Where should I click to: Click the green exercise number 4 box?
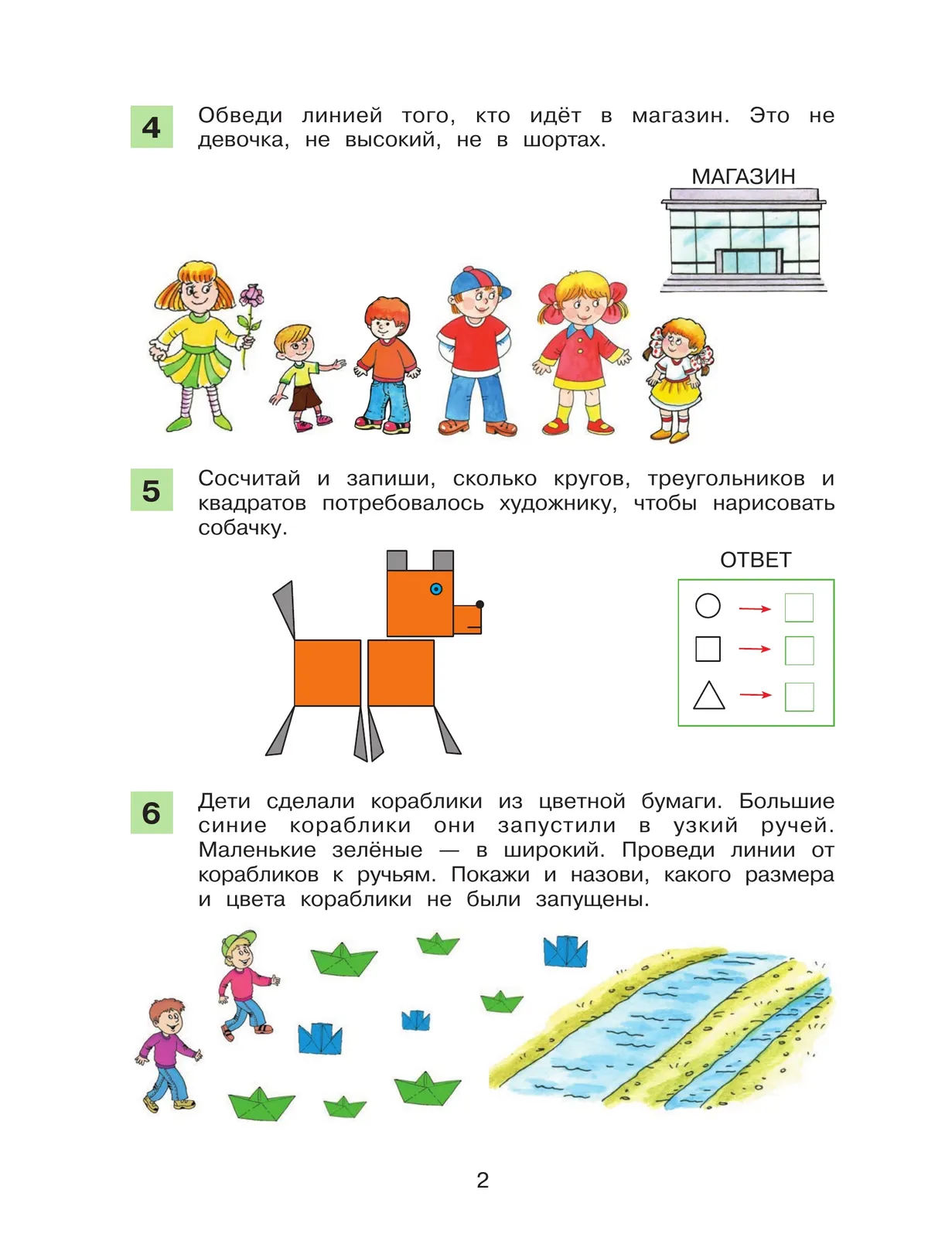coord(151,127)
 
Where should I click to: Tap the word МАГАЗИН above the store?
coord(742,177)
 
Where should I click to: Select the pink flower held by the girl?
coord(251,297)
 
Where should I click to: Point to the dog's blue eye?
coord(436,589)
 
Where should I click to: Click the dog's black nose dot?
coord(480,604)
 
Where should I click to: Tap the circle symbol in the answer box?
coord(708,606)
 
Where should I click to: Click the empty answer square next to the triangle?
coord(799,696)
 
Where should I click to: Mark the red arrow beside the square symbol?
coord(755,649)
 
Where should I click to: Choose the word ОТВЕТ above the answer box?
coord(756,560)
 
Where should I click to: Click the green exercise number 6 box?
coord(151,813)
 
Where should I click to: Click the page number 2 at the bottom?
coord(483,1180)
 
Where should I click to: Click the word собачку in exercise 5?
coord(242,528)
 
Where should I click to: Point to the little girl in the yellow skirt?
coord(675,379)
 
